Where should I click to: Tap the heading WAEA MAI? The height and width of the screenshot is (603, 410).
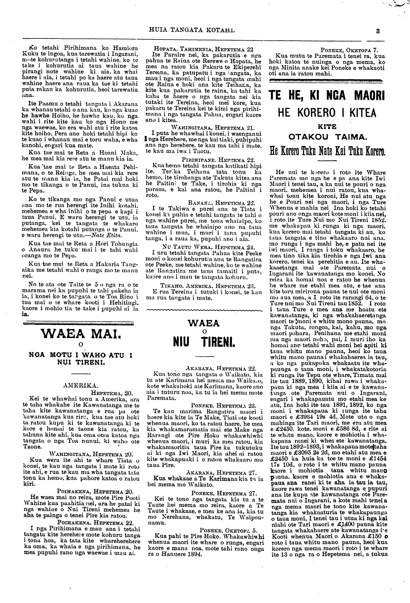(81, 336)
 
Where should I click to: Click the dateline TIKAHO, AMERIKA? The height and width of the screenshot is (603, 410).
(208, 286)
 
